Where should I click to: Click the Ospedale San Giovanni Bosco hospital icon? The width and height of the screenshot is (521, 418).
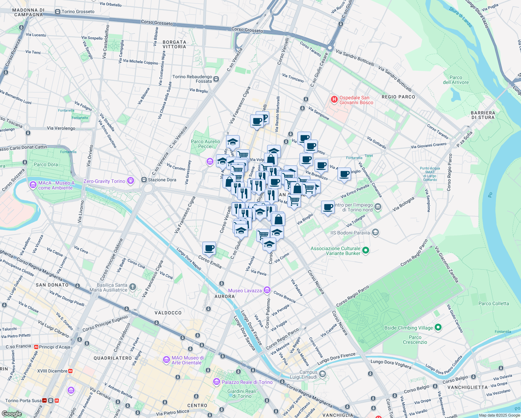(x=334, y=100)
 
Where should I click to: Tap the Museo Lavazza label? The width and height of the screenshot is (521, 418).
(x=245, y=291)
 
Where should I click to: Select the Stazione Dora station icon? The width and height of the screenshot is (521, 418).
(x=144, y=180)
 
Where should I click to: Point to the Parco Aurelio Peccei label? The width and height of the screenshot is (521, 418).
(x=205, y=144)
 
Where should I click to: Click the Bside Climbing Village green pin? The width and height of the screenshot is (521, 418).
(x=438, y=327)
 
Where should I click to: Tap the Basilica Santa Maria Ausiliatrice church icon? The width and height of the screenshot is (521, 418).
(x=132, y=287)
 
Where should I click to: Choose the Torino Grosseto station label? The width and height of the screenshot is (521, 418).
(x=78, y=11)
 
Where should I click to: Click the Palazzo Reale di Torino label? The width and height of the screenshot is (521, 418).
(x=247, y=382)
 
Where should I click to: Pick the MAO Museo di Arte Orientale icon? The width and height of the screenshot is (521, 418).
(x=166, y=360)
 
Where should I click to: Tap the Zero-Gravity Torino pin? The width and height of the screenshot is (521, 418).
(x=131, y=180)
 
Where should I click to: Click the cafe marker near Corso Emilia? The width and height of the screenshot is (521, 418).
(x=209, y=248)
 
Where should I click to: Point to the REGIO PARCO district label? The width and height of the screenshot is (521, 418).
(x=398, y=97)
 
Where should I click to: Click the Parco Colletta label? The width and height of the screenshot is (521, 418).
(x=493, y=303)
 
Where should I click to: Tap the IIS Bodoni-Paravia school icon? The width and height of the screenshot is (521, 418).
(x=375, y=232)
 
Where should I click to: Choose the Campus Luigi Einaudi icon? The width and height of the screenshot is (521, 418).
(x=322, y=374)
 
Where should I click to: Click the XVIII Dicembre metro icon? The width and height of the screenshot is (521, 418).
(x=70, y=371)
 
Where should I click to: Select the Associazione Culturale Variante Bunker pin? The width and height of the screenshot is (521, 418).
(x=365, y=250)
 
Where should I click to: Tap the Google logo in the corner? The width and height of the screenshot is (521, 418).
(x=11, y=414)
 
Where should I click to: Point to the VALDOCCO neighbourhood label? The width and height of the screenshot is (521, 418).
(x=168, y=313)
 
